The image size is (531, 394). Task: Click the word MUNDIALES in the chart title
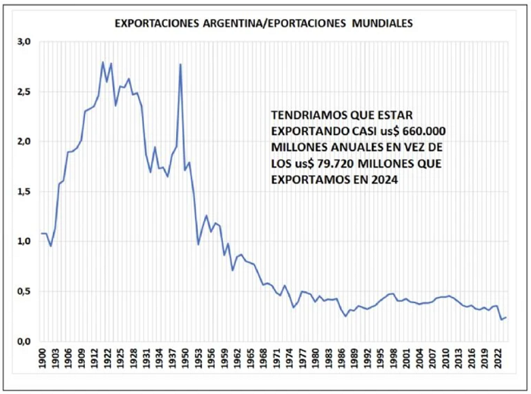382,23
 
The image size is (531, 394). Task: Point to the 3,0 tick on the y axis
24,42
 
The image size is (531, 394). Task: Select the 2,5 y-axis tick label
24,92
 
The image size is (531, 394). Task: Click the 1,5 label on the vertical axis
24,192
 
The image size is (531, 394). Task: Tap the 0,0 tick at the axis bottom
24,341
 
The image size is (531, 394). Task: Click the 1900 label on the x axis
42,358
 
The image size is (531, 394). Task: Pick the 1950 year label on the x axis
185,358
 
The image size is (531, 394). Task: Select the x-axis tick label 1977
303,358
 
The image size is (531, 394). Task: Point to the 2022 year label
498,358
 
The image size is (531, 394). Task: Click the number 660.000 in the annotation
424,131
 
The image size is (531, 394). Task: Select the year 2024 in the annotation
385,180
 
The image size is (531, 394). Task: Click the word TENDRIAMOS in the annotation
308,115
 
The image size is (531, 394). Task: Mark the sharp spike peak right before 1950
181,64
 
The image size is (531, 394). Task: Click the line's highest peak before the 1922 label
102,62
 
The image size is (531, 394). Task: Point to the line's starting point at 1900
42,233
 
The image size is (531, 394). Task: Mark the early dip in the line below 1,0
51,245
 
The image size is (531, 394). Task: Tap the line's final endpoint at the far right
506,317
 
